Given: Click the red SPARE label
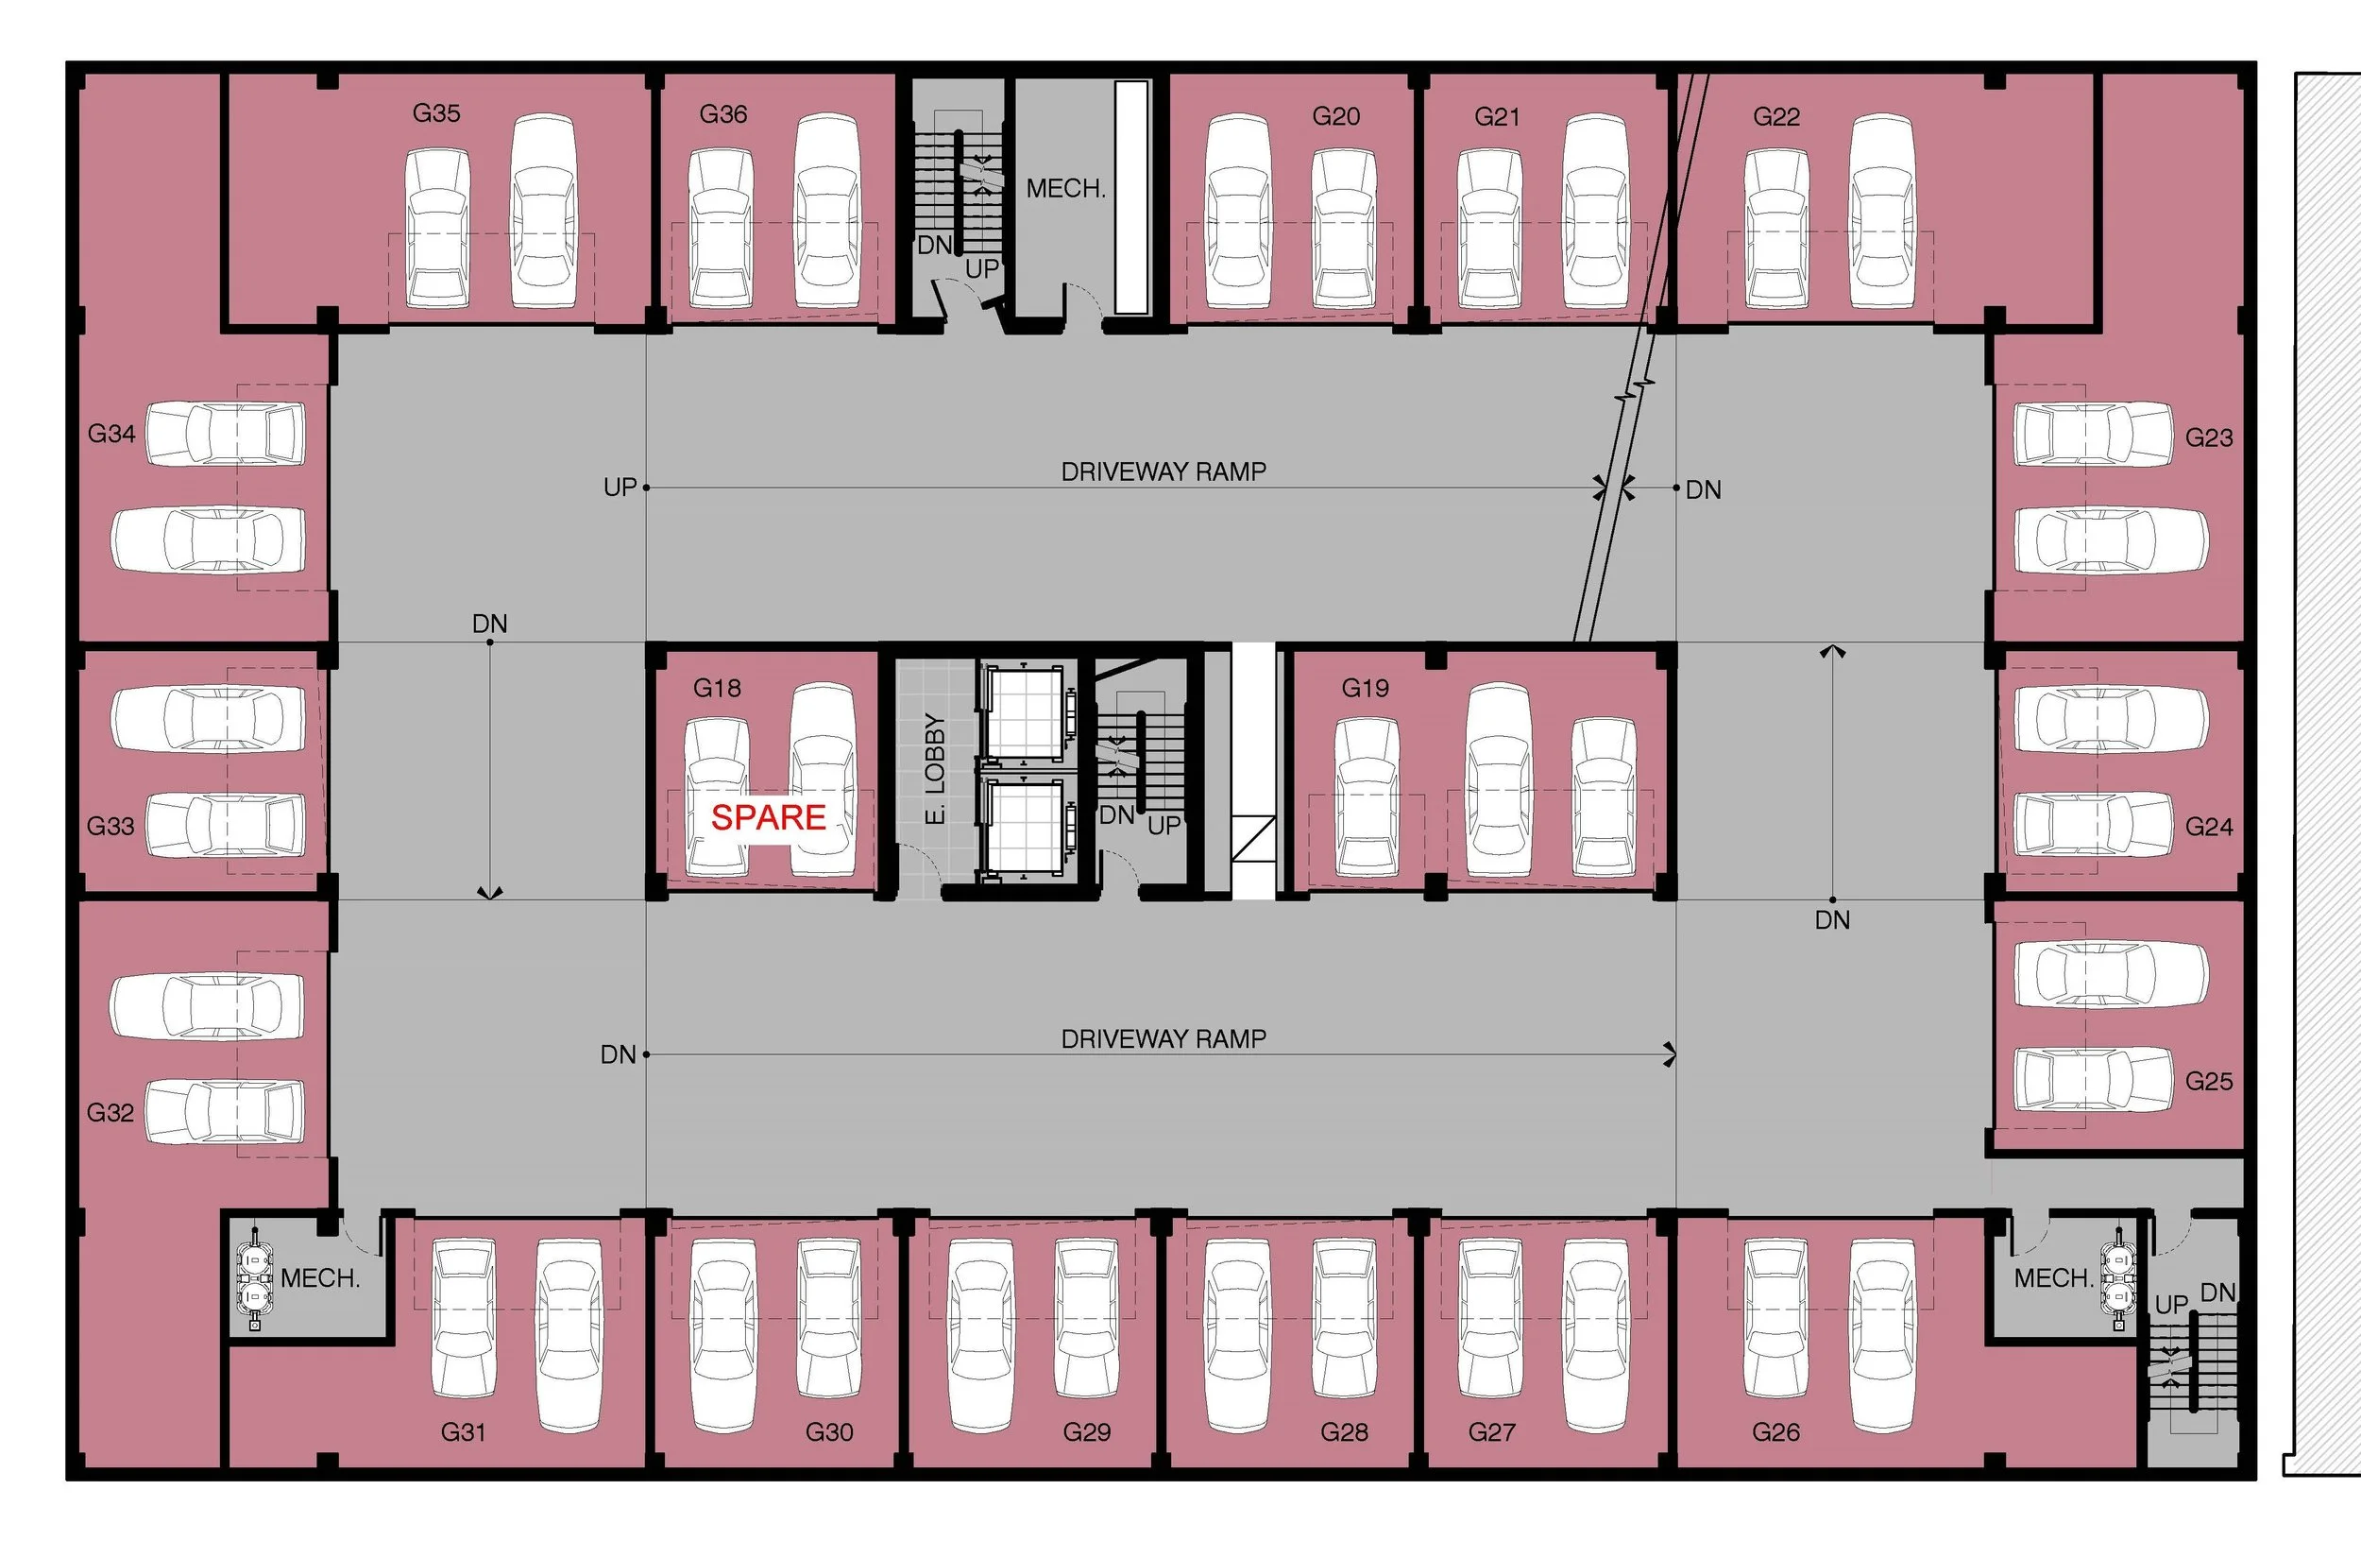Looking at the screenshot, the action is [x=768, y=816].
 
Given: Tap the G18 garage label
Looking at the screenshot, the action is [x=716, y=688].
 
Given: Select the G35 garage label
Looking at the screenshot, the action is [x=436, y=113].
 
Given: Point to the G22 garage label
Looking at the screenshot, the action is [x=1775, y=117].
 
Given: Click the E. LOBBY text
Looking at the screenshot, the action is [x=934, y=769].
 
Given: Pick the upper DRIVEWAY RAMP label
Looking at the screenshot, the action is [x=1164, y=471].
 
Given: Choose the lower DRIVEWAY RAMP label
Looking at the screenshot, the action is [x=1164, y=1039].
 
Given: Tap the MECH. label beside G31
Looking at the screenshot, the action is [x=319, y=1278].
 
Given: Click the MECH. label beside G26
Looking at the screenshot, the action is [x=2052, y=1278].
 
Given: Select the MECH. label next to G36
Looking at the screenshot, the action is [x=1065, y=189].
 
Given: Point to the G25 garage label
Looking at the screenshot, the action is [x=2208, y=1082].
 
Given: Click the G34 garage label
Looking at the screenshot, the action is [x=111, y=434].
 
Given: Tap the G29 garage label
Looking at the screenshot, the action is [x=1086, y=1431].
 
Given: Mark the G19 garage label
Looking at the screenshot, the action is [x=1365, y=688].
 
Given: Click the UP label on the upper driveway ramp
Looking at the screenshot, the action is [x=620, y=488].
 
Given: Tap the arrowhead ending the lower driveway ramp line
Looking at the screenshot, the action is [x=1671, y=1054].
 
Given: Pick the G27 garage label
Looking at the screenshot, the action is [x=1491, y=1431].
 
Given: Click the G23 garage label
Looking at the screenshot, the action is [x=2208, y=437].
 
